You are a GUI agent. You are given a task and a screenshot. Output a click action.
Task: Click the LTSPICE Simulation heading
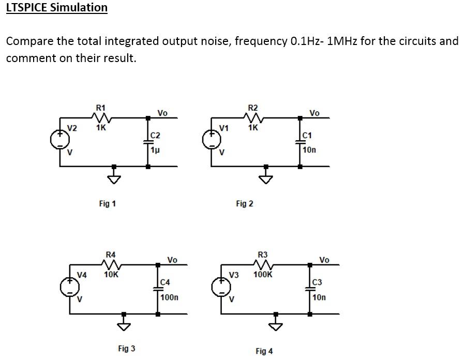(x=57, y=8)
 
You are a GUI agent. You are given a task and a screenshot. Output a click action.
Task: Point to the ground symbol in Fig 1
(x=114, y=177)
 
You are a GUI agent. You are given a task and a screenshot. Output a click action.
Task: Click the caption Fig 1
(x=107, y=204)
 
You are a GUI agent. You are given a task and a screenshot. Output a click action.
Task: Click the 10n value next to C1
(x=309, y=150)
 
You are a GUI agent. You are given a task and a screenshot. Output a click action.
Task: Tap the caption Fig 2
(x=244, y=204)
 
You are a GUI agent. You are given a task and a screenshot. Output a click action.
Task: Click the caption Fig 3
(x=126, y=349)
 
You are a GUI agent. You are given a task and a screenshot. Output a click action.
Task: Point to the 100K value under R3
(x=262, y=275)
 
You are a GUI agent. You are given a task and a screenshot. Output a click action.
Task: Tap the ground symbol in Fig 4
(x=275, y=324)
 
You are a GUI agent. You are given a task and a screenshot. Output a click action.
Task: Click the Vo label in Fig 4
(x=324, y=260)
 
